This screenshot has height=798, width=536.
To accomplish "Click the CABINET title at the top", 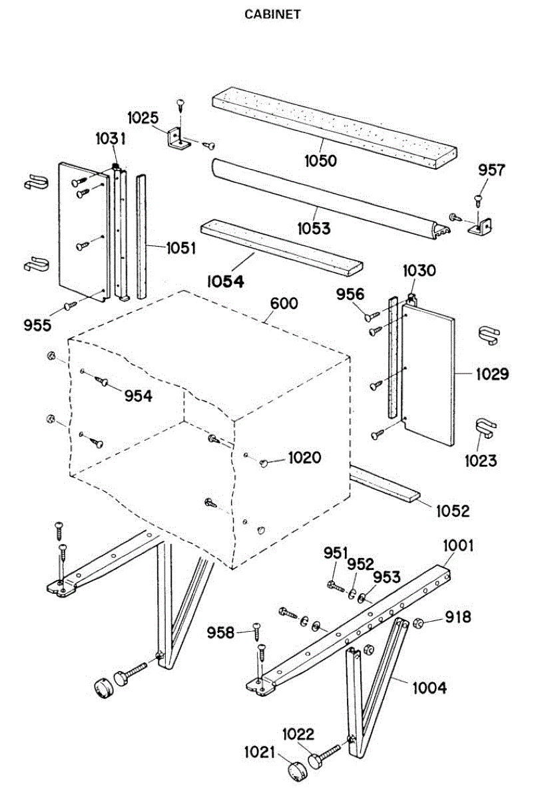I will pyautogui.click(x=272, y=14).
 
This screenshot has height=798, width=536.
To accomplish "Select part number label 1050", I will pyautogui.click(x=321, y=160).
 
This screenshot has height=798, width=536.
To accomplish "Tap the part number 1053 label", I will pyautogui.click(x=314, y=228).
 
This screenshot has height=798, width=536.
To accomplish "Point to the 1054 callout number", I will pyautogui.click(x=224, y=281).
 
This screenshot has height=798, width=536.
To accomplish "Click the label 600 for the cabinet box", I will pyautogui.click(x=284, y=303).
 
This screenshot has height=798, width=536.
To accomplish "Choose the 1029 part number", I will pyautogui.click(x=492, y=374).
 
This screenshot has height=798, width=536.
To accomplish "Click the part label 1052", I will pyautogui.click(x=453, y=511).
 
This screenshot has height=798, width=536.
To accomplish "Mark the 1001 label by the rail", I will pyautogui.click(x=458, y=546).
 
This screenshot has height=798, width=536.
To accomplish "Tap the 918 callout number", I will pyautogui.click(x=457, y=617).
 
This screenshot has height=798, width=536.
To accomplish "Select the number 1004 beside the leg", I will pyautogui.click(x=429, y=688).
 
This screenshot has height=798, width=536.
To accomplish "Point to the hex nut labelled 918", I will pyautogui.click(x=419, y=623).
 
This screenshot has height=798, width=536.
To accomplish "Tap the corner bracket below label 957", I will pyautogui.click(x=481, y=227).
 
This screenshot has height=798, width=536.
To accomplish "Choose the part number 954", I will pyautogui.click(x=138, y=396).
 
